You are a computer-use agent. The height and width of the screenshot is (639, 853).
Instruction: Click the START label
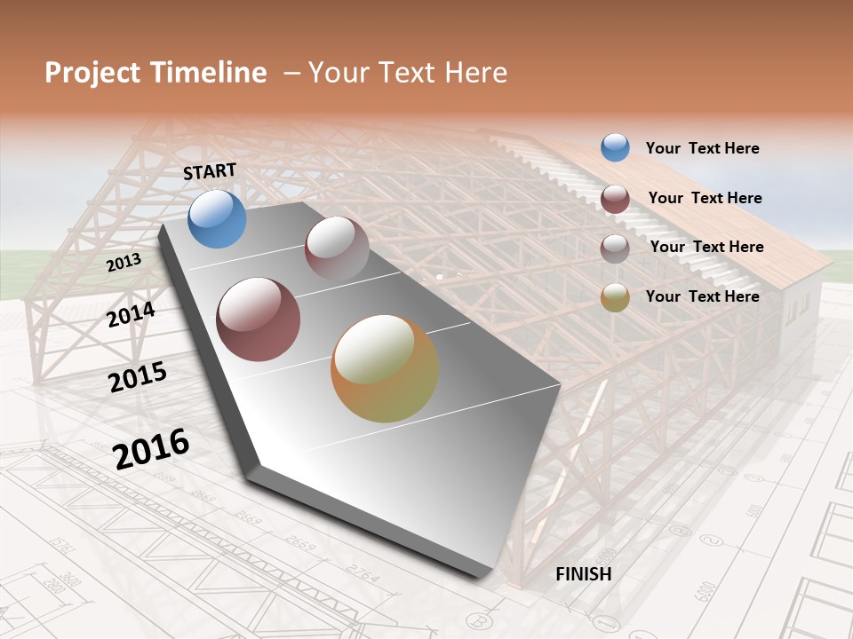(210, 171)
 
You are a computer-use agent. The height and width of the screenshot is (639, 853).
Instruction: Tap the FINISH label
(584, 574)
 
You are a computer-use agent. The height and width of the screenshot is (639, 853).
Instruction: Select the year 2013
(124, 264)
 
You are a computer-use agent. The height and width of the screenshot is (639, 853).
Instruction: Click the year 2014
(131, 314)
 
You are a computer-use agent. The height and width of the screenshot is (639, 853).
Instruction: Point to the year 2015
(138, 377)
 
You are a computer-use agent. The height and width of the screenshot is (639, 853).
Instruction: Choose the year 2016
(151, 449)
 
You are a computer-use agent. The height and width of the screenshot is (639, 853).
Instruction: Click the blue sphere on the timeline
(217, 218)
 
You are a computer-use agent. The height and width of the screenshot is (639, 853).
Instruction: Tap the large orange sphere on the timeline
(385, 368)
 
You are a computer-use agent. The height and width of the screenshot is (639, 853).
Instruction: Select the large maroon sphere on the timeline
(258, 319)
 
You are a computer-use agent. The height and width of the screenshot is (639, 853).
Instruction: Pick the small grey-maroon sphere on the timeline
(337, 248)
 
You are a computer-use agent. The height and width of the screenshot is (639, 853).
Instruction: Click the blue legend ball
(615, 147)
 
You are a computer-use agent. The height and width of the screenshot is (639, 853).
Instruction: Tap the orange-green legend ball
(615, 297)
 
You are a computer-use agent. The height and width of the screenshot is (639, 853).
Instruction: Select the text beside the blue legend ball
(702, 148)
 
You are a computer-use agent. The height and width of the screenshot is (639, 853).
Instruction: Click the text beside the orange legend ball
(702, 296)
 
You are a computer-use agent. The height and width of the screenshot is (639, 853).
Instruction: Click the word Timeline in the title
(208, 73)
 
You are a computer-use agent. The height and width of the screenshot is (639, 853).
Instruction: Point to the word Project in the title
(92, 73)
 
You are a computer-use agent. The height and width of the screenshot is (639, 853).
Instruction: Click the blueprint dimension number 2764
(362, 574)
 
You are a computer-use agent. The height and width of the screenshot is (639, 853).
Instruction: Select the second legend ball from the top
(615, 198)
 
